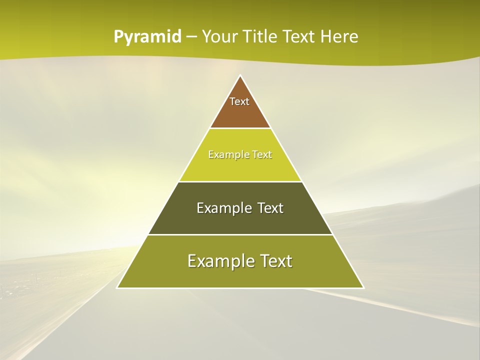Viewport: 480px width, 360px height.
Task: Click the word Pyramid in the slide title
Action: pyautogui.click(x=147, y=37)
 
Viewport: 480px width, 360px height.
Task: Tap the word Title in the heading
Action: pyautogui.click(x=261, y=37)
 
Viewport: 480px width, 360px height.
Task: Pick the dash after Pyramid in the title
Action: pyautogui.click(x=191, y=37)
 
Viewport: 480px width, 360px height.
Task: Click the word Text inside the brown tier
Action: pyautogui.click(x=239, y=101)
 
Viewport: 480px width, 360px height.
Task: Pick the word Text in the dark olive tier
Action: pyautogui.click(x=270, y=208)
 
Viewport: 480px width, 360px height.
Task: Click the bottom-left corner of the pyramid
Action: pyautogui.click(x=117, y=287)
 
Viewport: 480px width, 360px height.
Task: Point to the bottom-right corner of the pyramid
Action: pyautogui.click(x=363, y=287)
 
